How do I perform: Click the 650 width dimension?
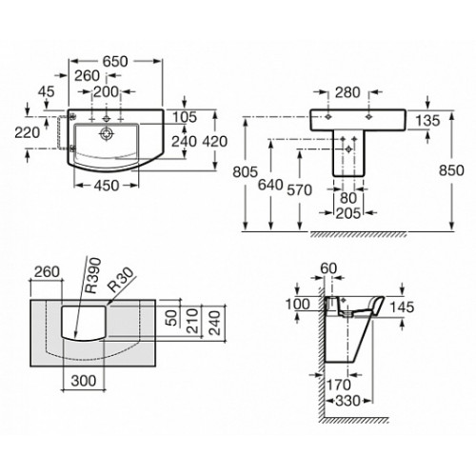[x=115, y=61]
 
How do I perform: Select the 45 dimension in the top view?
[x=47, y=91]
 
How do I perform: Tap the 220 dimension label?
[x=28, y=132]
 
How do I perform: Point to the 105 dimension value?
[x=185, y=117]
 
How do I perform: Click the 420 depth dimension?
[x=215, y=142]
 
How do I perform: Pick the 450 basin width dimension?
[x=107, y=186]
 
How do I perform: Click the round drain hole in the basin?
[x=106, y=133]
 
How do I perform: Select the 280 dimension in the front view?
[x=347, y=92]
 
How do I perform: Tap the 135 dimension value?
[x=427, y=121]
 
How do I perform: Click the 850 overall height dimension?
[x=451, y=170]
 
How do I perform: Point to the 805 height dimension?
[x=246, y=172]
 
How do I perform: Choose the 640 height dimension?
[x=270, y=185]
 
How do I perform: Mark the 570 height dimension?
[x=300, y=190]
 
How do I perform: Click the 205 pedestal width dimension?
[x=348, y=213]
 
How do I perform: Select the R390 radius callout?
[x=94, y=275]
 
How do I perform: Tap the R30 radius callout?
[x=120, y=280]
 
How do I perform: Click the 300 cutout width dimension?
[x=84, y=381]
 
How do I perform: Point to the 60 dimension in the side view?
[x=328, y=268]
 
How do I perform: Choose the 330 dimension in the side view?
[x=347, y=401]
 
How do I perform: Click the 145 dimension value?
[x=402, y=307]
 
